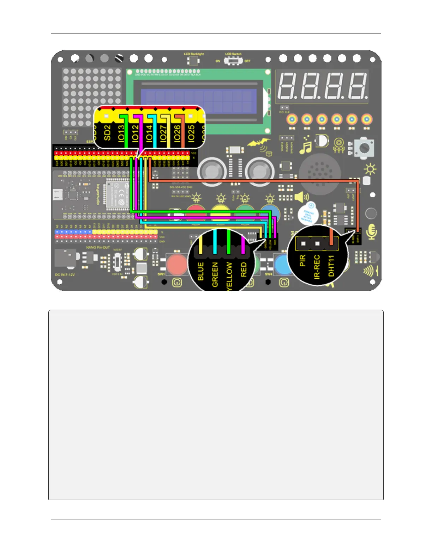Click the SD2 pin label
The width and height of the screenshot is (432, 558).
[107, 133]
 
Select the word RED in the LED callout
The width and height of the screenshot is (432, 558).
[244, 269]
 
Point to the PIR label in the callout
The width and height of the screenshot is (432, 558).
[302, 261]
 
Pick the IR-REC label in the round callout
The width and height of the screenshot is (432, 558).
[317, 267]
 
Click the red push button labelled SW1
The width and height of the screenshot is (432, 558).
[176, 264]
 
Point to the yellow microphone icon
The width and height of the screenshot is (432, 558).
[372, 231]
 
